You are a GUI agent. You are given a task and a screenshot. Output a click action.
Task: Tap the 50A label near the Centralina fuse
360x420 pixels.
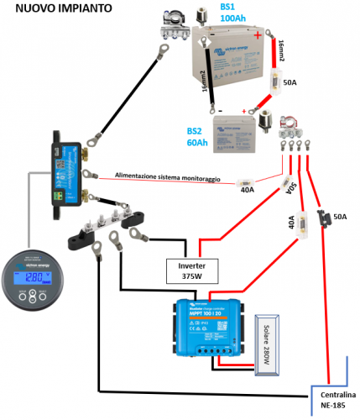pyautogui.click(x=339, y=217)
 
